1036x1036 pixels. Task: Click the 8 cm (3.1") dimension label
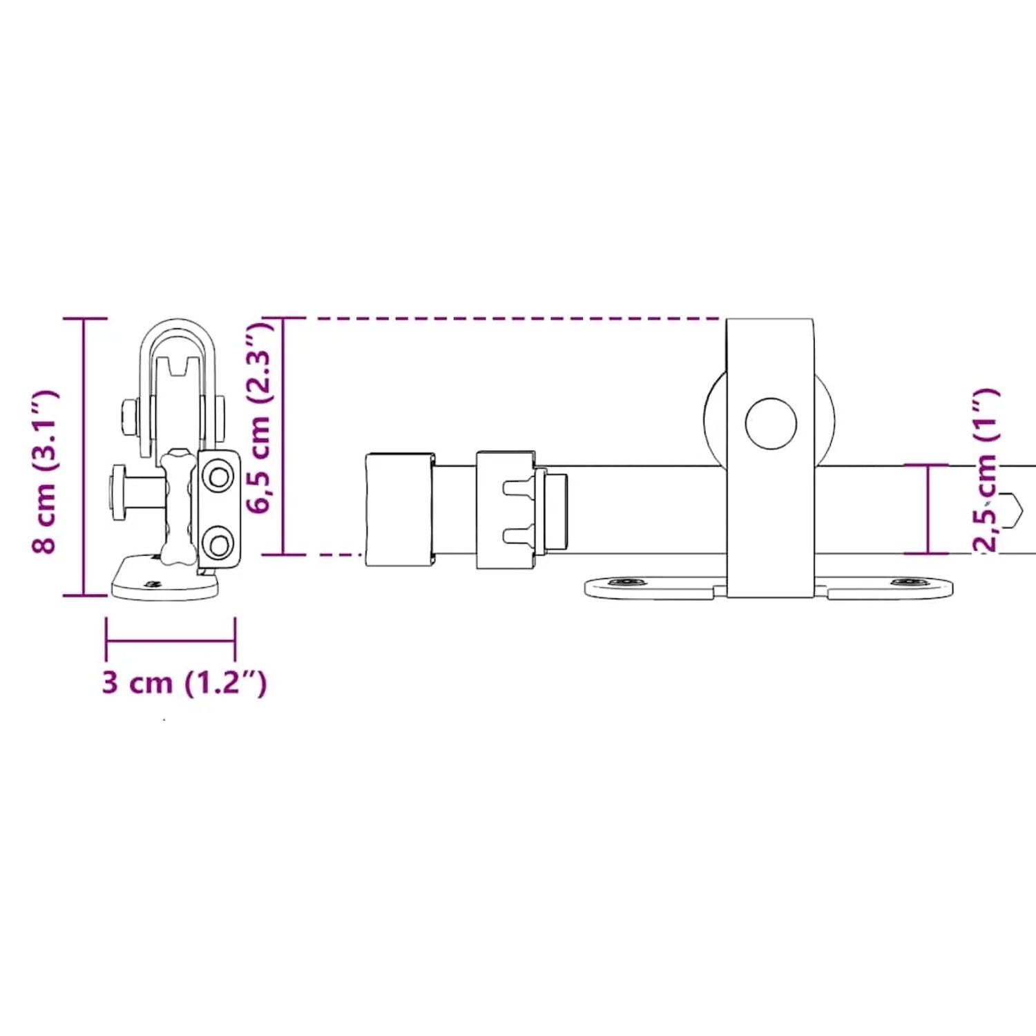coord(46,471)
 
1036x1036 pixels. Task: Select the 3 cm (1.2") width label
coord(184,682)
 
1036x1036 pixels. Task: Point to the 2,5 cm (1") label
coord(986,470)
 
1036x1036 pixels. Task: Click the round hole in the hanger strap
coord(771,423)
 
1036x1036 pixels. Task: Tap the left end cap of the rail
coord(400,510)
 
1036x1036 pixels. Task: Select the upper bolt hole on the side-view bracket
coord(220,477)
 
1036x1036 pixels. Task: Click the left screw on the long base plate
coord(626,582)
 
